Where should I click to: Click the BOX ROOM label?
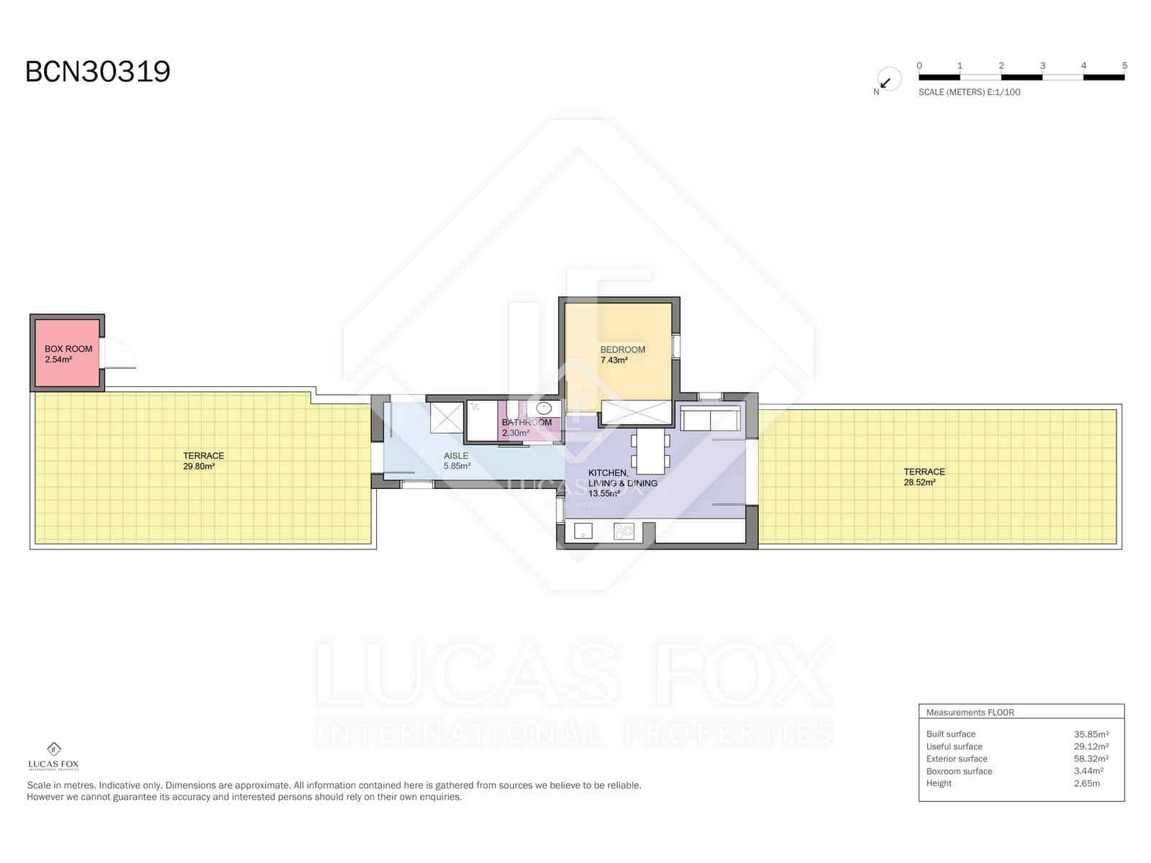pyautogui.click(x=68, y=349)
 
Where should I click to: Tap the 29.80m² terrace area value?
pyautogui.click(x=199, y=467)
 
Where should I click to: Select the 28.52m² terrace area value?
pyautogui.click(x=919, y=483)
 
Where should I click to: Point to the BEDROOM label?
pyautogui.click(x=622, y=350)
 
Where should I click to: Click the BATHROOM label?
pyautogui.click(x=527, y=422)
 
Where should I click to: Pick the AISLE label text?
pyautogui.click(x=456, y=456)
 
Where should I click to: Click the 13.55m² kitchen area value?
pyautogui.click(x=604, y=494)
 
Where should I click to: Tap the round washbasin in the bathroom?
pyautogui.click(x=544, y=408)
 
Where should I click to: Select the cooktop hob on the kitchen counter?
pyautogui.click(x=624, y=531)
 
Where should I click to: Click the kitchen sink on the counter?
pyautogui.click(x=583, y=531)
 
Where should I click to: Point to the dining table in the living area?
pyautogui.click(x=651, y=450)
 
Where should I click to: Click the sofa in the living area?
pyautogui.click(x=710, y=419)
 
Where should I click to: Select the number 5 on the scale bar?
pyautogui.click(x=1124, y=65)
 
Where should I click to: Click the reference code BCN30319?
pyautogui.click(x=98, y=72)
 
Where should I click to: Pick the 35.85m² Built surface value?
pyautogui.click(x=1091, y=734)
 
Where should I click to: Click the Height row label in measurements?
pyautogui.click(x=939, y=783)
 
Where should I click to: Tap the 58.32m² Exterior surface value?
pyautogui.click(x=1091, y=759)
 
